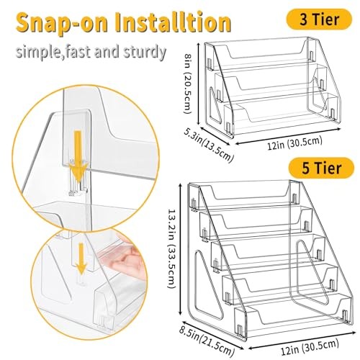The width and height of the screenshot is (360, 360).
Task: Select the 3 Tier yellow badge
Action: coord(319,19)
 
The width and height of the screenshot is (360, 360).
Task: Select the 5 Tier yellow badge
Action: coord(321,168)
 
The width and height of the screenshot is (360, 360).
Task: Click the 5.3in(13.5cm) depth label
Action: coord(209,145)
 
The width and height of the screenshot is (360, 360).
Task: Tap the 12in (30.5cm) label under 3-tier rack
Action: coord(294,143)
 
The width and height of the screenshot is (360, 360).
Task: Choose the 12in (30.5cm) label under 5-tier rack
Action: coord(310,346)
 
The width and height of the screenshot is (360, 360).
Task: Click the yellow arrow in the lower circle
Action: coord(81,258)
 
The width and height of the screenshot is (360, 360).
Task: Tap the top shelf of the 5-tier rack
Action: coord(243,193)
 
